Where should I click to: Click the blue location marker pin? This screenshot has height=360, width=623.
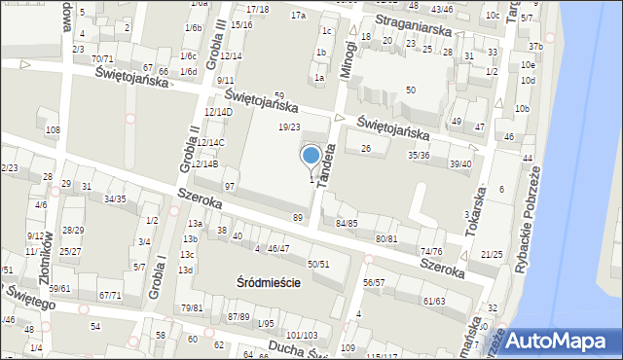click(x=311, y=156)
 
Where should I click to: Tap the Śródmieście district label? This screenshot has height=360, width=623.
click(x=268, y=282)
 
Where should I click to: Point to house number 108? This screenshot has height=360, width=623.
click(x=53, y=129)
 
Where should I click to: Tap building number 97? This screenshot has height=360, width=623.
click(x=231, y=186)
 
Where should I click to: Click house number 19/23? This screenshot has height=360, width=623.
click(x=289, y=127)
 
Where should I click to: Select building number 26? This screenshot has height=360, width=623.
click(x=366, y=148)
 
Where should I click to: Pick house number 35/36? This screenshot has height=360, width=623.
click(x=419, y=155)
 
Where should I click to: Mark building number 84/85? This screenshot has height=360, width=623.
click(x=347, y=223)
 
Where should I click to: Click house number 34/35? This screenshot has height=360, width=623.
click(x=115, y=198)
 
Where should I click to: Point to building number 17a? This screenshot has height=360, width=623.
click(x=298, y=16)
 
